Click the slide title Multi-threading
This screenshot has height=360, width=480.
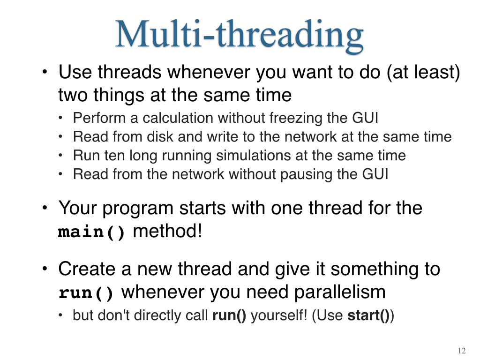click(x=240, y=35)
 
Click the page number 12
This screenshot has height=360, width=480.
click(x=462, y=351)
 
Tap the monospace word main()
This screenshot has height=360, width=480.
click(x=91, y=232)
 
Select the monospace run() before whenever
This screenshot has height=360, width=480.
click(x=86, y=293)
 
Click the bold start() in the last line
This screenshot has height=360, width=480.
click(x=368, y=315)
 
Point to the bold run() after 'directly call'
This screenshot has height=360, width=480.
click(x=229, y=315)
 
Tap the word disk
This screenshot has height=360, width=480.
click(x=160, y=136)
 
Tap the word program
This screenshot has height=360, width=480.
click(x=138, y=209)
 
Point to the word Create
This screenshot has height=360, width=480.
click(x=87, y=269)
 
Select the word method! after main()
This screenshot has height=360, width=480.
click(x=168, y=231)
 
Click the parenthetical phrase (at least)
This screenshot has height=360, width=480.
click(x=423, y=73)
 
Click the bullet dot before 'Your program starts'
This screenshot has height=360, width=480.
click(x=45, y=208)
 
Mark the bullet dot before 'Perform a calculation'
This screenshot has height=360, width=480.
click(x=60, y=118)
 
